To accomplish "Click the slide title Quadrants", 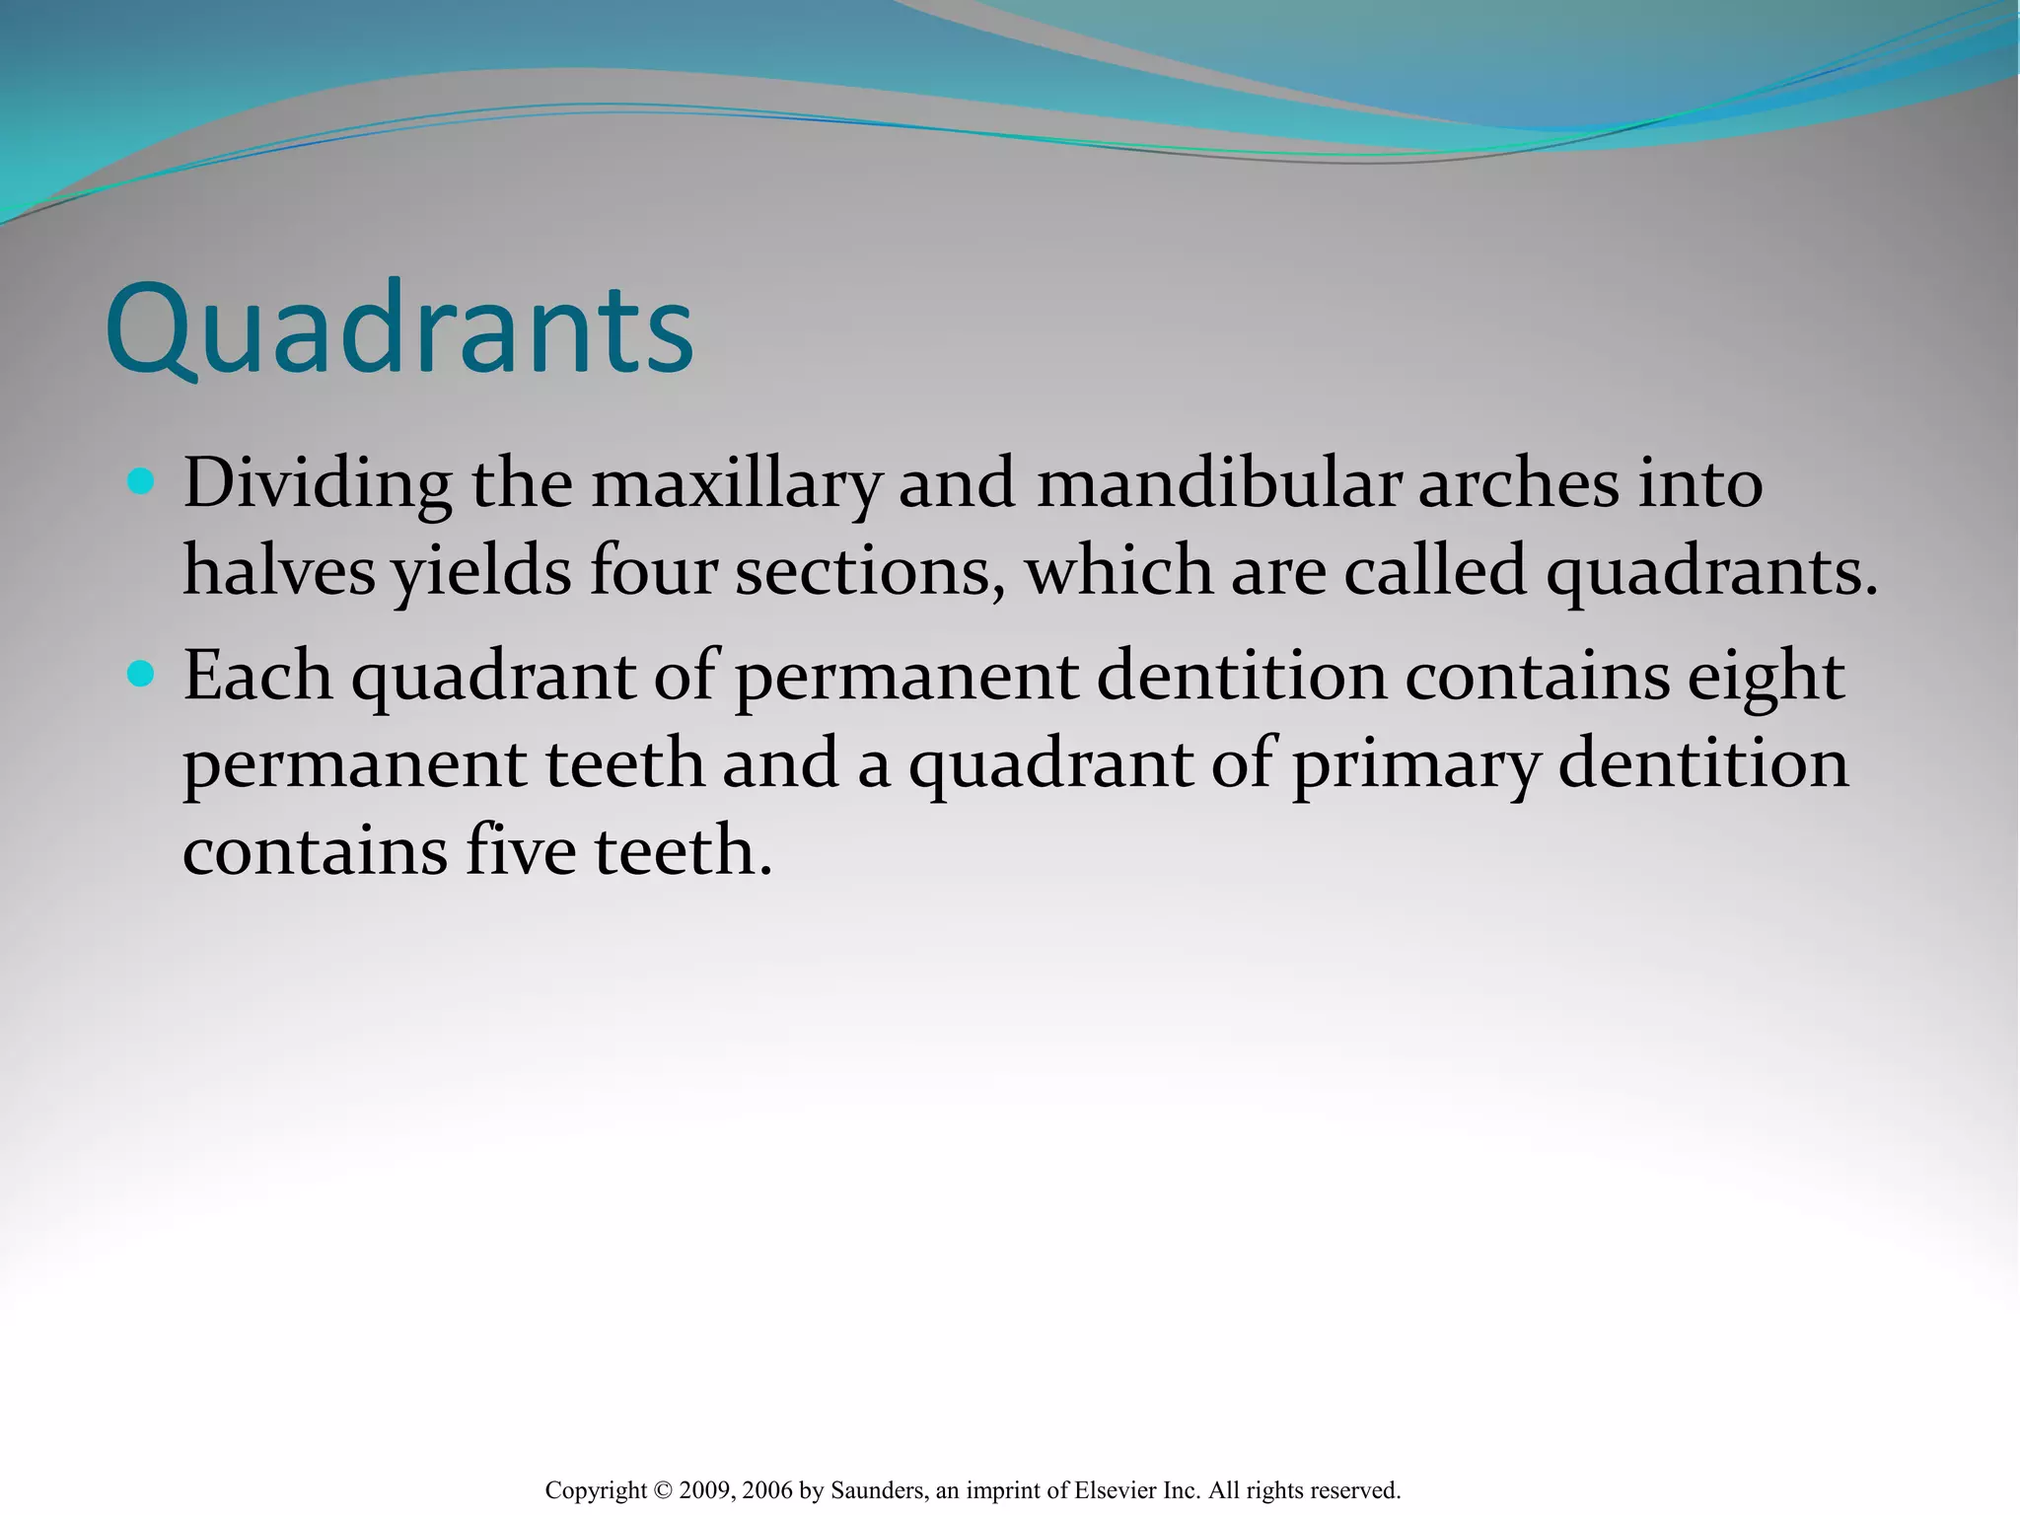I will [399, 330].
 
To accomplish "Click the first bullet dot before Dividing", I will [141, 482].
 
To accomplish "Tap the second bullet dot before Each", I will [141, 675].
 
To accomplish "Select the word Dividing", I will [318, 485].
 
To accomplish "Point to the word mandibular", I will [1218, 485].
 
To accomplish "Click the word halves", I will [279, 572].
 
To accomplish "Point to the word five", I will [520, 850].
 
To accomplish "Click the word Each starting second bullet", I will [257, 677].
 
